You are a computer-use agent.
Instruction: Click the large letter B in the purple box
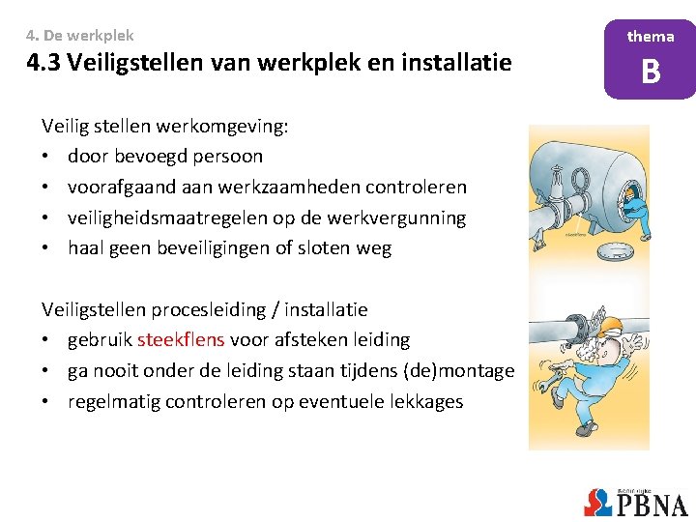click(x=651, y=72)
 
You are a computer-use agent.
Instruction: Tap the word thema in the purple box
click(x=651, y=36)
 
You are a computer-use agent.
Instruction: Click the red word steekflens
click(x=182, y=340)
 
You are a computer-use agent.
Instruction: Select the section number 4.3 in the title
click(x=43, y=65)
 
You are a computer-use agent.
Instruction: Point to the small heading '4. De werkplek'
click(x=80, y=35)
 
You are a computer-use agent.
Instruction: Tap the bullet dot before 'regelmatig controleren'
click(x=46, y=402)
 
